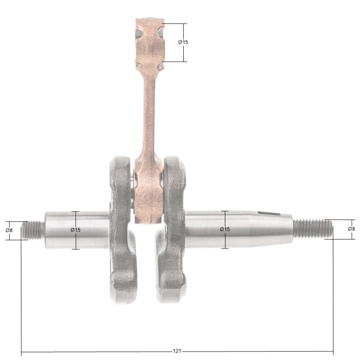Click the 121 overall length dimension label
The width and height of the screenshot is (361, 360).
click(x=177, y=351)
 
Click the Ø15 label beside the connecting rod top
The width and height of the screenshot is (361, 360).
click(x=183, y=42)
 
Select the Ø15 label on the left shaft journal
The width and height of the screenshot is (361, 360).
click(x=75, y=230)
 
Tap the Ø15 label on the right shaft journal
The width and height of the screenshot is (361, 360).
click(x=225, y=229)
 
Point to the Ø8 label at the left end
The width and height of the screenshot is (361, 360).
click(x=9, y=230)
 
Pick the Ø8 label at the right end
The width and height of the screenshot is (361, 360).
click(x=351, y=229)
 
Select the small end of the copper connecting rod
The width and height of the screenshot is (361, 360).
click(x=149, y=42)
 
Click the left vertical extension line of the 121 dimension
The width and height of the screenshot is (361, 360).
click(x=21, y=293)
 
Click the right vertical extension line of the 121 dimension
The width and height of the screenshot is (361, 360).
click(x=333, y=293)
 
